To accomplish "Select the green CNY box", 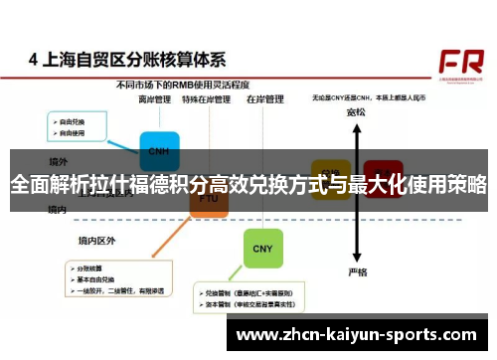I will (262, 248).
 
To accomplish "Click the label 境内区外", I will (97, 241).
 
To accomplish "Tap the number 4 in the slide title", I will (34, 60).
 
